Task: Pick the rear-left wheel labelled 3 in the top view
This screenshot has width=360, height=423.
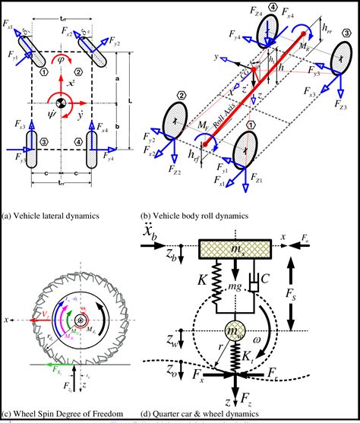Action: click(33, 148)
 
